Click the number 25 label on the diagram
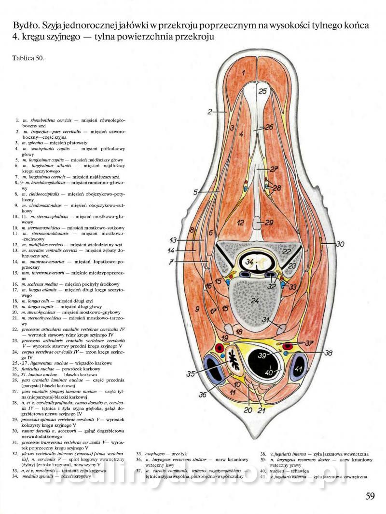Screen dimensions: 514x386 [x=262, y=91]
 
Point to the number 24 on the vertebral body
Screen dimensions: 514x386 [x=255, y=301]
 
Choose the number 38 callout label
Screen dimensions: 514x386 [x=328, y=353]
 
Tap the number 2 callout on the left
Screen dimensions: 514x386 [x=210, y=112]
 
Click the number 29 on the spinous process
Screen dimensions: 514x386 [x=269, y=223]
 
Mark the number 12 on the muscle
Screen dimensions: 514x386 [x=241, y=222]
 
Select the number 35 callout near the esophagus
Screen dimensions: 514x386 [x=191, y=373]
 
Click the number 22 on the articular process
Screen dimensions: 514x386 [x=287, y=252]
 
